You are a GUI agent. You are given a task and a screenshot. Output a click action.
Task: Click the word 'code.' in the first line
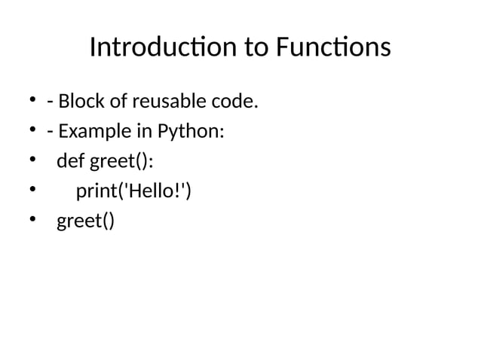235,101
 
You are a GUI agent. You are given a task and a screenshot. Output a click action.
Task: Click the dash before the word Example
50,132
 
